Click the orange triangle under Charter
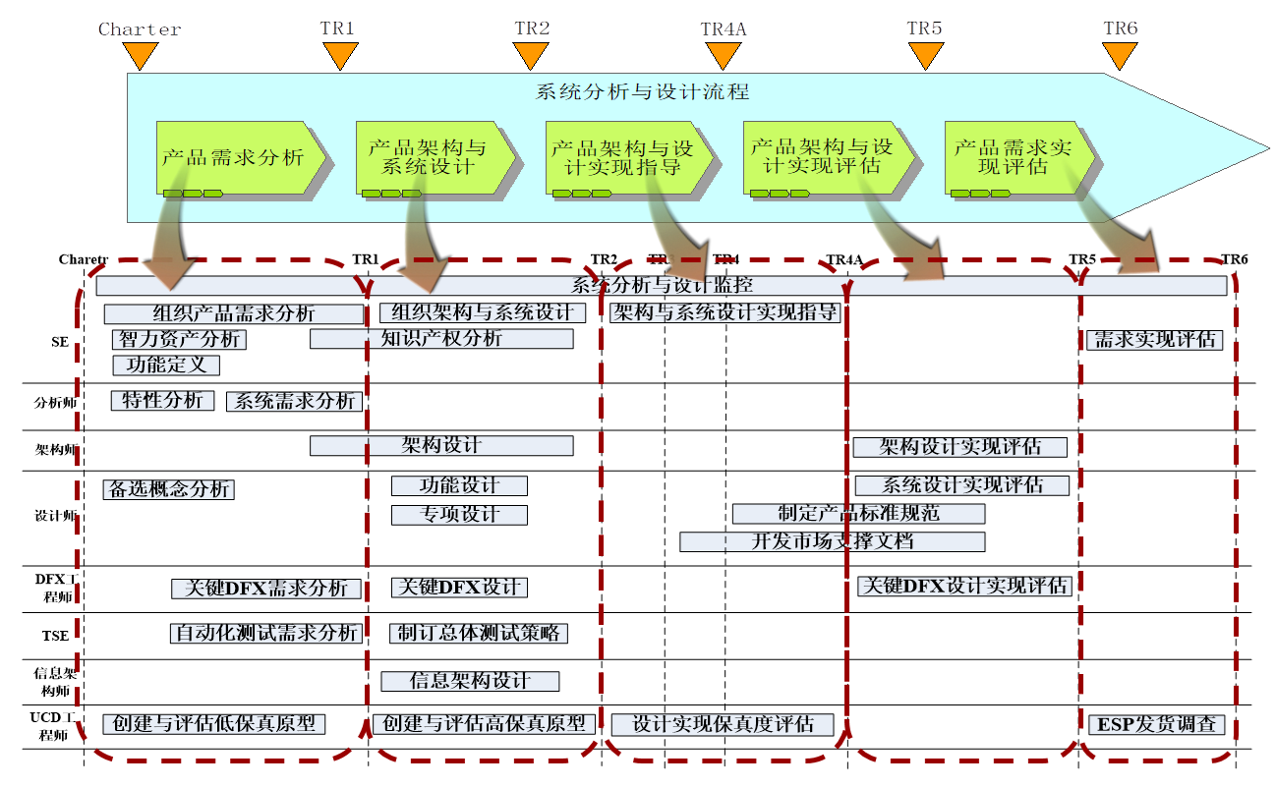point(141,57)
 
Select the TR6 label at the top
point(1120,28)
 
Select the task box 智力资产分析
point(179,340)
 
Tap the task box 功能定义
point(166,366)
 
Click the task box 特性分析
point(162,401)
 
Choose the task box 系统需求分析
point(295,402)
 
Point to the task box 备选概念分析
point(168,489)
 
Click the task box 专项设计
point(459,515)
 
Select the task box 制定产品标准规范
point(858,514)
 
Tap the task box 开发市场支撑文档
point(832,541)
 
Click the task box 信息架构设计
point(470,681)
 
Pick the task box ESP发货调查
point(1156,725)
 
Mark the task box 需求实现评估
point(1154,340)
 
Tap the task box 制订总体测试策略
point(479,634)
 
